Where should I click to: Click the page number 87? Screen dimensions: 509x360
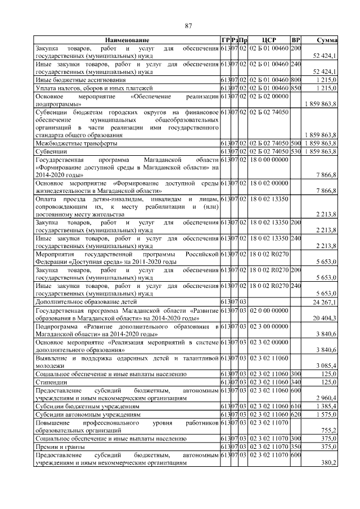click(x=188, y=25)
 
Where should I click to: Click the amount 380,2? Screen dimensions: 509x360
click(x=328, y=462)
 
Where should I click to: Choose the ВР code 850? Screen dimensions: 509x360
click(x=296, y=88)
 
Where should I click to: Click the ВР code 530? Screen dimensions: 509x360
click(x=296, y=152)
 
